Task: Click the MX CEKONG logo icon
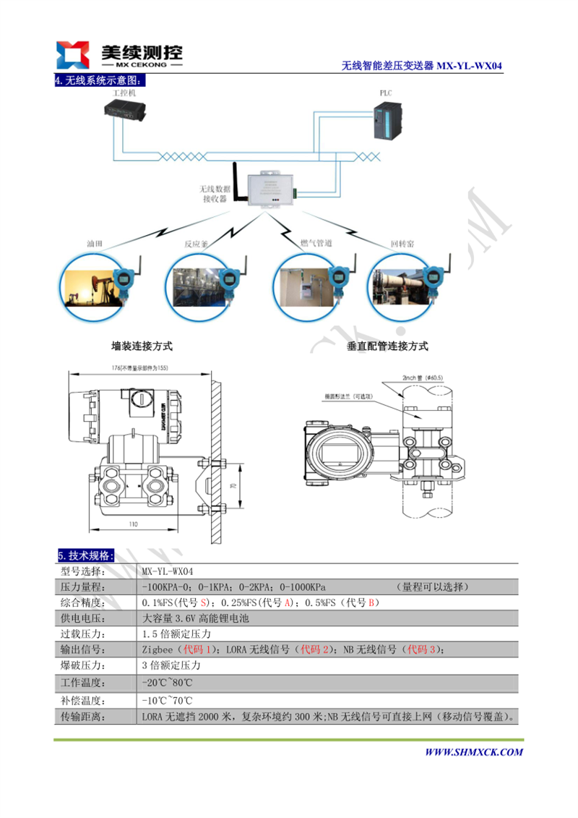pos(73,54)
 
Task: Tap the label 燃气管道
pos(316,244)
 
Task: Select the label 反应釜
pos(196,244)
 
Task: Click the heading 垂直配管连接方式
pos(387,346)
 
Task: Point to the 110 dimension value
pos(133,523)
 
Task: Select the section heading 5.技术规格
pos(85,555)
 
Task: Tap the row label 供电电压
pos(85,618)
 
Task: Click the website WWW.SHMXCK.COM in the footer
pos(473,752)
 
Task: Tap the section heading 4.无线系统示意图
pos(100,80)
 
